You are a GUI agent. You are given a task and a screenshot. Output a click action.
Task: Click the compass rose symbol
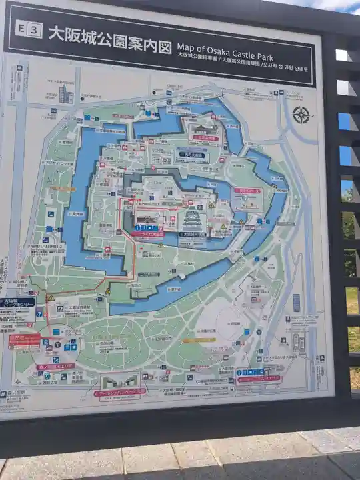(x=301, y=115)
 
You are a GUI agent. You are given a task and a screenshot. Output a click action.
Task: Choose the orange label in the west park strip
(x=63, y=189)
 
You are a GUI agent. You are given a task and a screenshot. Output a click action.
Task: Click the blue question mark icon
(x=39, y=313)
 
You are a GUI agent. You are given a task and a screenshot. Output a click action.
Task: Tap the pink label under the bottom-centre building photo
(x=120, y=393)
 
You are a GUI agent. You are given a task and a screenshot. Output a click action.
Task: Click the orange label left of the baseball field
(x=199, y=340)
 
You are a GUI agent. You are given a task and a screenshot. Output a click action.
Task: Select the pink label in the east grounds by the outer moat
(x=247, y=191)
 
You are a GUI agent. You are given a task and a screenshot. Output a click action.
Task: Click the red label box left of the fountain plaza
(x=25, y=339)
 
